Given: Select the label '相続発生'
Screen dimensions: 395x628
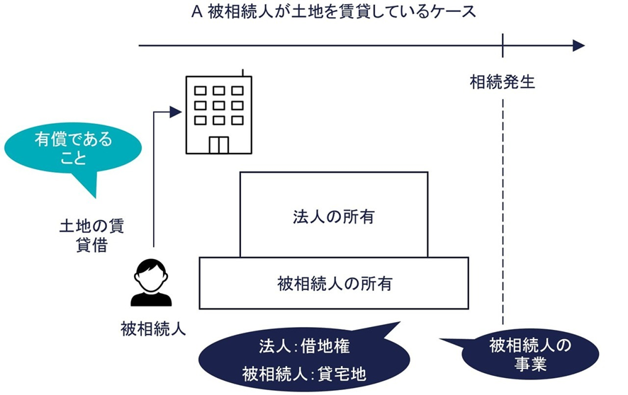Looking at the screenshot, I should click(503, 82).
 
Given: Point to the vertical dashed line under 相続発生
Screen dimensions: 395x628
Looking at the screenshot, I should click(503, 212).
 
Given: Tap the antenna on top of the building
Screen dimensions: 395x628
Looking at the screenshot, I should click(242, 73).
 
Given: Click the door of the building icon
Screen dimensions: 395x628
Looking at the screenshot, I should click(218, 144).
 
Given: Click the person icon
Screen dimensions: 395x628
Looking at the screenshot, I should click(151, 282).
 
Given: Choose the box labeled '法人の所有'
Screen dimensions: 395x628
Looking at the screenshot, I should click(334, 215).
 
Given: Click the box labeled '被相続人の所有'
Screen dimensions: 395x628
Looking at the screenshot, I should click(334, 284).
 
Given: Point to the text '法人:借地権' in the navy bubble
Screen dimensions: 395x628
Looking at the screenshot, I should click(305, 347).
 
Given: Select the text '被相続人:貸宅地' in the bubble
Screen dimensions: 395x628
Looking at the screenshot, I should click(305, 372).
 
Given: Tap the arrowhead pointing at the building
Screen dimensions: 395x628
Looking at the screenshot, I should click(177, 110).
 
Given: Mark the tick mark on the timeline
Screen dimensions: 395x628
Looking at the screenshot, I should click(503, 46).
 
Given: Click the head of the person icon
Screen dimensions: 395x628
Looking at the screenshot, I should click(151, 273).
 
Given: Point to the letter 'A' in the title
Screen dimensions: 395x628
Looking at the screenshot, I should click(196, 12).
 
